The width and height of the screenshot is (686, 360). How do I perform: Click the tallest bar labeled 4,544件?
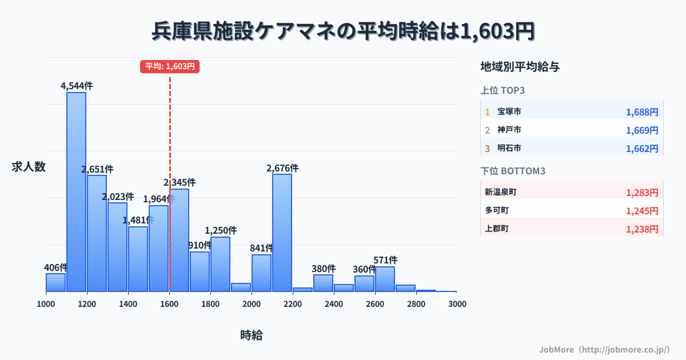click(76, 192)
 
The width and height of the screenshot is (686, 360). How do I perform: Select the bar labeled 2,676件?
click(282, 233)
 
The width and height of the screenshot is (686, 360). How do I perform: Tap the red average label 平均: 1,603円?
click(170, 66)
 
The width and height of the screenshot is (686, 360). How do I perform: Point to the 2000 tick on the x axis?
click(252, 303)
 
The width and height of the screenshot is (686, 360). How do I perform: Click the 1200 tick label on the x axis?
click(87, 303)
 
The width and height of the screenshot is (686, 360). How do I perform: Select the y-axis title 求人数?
click(29, 167)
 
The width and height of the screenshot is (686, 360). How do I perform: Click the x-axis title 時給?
click(252, 335)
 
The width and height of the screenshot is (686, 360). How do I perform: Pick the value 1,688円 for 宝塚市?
click(642, 112)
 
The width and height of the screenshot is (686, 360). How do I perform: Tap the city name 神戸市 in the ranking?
click(509, 130)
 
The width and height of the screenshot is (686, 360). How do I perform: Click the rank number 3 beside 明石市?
click(487, 149)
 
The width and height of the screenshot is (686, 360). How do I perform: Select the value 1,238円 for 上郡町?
click(642, 229)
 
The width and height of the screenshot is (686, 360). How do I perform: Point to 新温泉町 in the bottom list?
click(501, 192)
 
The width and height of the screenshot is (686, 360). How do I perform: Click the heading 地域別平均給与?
click(520, 67)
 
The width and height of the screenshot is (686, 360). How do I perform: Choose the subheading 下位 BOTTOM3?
click(512, 171)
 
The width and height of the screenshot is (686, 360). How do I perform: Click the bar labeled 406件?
click(55, 282)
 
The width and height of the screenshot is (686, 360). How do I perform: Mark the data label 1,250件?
click(221, 230)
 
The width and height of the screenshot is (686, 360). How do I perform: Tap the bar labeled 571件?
click(385, 279)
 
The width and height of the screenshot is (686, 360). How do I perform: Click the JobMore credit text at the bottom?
click(604, 349)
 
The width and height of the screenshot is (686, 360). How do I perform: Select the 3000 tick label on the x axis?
click(457, 303)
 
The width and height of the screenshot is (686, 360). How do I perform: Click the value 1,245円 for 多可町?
click(642, 210)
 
